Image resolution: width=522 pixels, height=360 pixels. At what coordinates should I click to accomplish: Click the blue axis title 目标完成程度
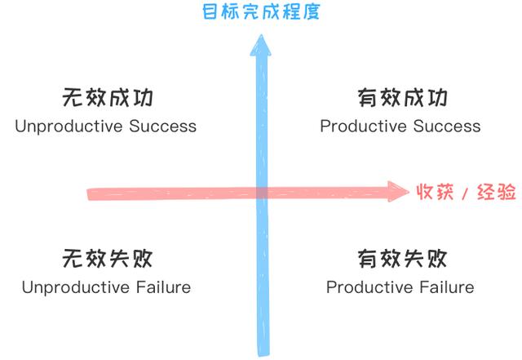click(261, 12)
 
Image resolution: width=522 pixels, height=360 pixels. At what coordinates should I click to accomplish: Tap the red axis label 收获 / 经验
click(466, 192)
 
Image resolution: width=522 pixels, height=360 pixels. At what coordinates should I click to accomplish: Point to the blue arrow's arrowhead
click(261, 46)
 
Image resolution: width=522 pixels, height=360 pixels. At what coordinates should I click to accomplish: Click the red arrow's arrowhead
click(399, 192)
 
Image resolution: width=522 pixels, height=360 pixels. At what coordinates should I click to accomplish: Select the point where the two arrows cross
click(262, 193)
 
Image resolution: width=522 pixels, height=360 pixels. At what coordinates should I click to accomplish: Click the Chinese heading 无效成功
click(108, 97)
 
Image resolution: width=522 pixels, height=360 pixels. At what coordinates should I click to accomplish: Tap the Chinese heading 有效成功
click(402, 97)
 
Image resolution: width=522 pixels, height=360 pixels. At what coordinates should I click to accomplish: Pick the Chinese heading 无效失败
click(108, 258)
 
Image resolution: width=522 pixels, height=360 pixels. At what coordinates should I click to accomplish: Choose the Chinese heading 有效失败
click(402, 258)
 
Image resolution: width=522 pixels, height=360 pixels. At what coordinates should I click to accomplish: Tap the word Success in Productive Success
click(447, 127)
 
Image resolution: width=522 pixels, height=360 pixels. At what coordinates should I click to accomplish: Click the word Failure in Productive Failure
click(446, 287)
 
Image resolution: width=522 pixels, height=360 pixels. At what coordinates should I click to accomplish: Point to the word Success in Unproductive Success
click(163, 127)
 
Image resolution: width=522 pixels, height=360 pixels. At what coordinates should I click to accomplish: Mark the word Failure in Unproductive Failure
click(163, 287)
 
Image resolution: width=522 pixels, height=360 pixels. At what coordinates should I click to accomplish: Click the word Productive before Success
click(364, 127)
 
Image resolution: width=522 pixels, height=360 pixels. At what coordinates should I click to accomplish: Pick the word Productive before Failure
click(369, 287)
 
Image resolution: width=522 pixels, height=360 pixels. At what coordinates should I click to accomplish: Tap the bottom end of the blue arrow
click(263, 354)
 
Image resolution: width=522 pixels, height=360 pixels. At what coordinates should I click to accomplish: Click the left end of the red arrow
click(89, 194)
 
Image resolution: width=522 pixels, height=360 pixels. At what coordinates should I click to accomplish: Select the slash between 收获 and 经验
click(465, 193)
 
